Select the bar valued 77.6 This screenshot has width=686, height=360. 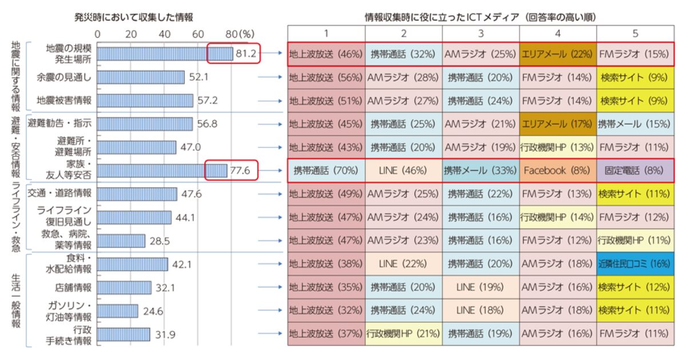click(162, 170)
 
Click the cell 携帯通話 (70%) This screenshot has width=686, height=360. click(325, 170)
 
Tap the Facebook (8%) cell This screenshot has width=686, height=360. click(557, 170)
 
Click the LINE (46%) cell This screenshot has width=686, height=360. click(402, 170)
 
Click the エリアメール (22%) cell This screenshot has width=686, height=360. click(557, 54)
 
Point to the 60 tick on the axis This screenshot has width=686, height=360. click(198, 34)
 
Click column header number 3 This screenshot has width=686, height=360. click(480, 33)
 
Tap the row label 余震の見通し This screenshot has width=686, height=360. click(63, 77)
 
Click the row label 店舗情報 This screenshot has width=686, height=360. click(73, 287)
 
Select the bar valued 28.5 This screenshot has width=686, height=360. click(121, 241)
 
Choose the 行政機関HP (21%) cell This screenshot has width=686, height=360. click(402, 334)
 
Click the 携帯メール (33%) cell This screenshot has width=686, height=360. click(480, 170)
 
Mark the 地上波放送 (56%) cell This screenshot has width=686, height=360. click(325, 77)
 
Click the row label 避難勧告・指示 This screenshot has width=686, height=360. click(62, 123)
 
